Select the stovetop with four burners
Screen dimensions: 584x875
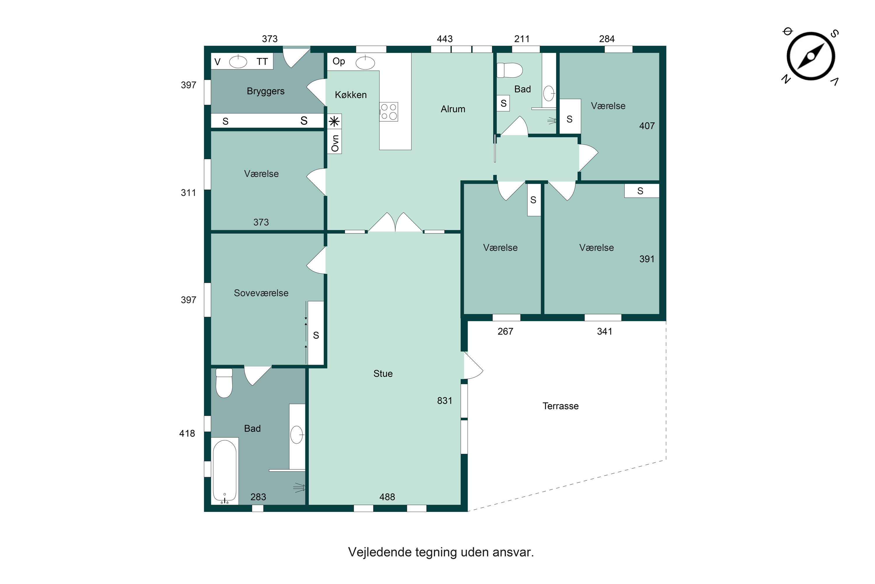pyautogui.click(x=388, y=111)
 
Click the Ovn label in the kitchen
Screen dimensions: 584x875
pyautogui.click(x=335, y=143)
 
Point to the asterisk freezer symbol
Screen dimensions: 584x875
pyautogui.click(x=334, y=121)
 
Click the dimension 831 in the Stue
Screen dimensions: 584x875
pyautogui.click(x=444, y=401)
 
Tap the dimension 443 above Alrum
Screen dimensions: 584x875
pyautogui.click(x=444, y=39)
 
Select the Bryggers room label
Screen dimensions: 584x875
pyautogui.click(x=265, y=91)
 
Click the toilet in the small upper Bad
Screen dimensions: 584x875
pyautogui.click(x=510, y=70)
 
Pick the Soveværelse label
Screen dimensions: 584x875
pyautogui.click(x=261, y=293)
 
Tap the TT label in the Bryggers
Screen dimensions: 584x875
pyautogui.click(x=262, y=62)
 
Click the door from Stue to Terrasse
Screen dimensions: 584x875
pyautogui.click(x=472, y=366)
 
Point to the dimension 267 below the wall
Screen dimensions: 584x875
pyautogui.click(x=505, y=332)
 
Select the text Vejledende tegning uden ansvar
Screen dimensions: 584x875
pyautogui.click(x=441, y=552)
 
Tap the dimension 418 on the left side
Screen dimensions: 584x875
pyautogui.click(x=187, y=433)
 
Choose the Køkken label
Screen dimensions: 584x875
pyautogui.click(x=351, y=95)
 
